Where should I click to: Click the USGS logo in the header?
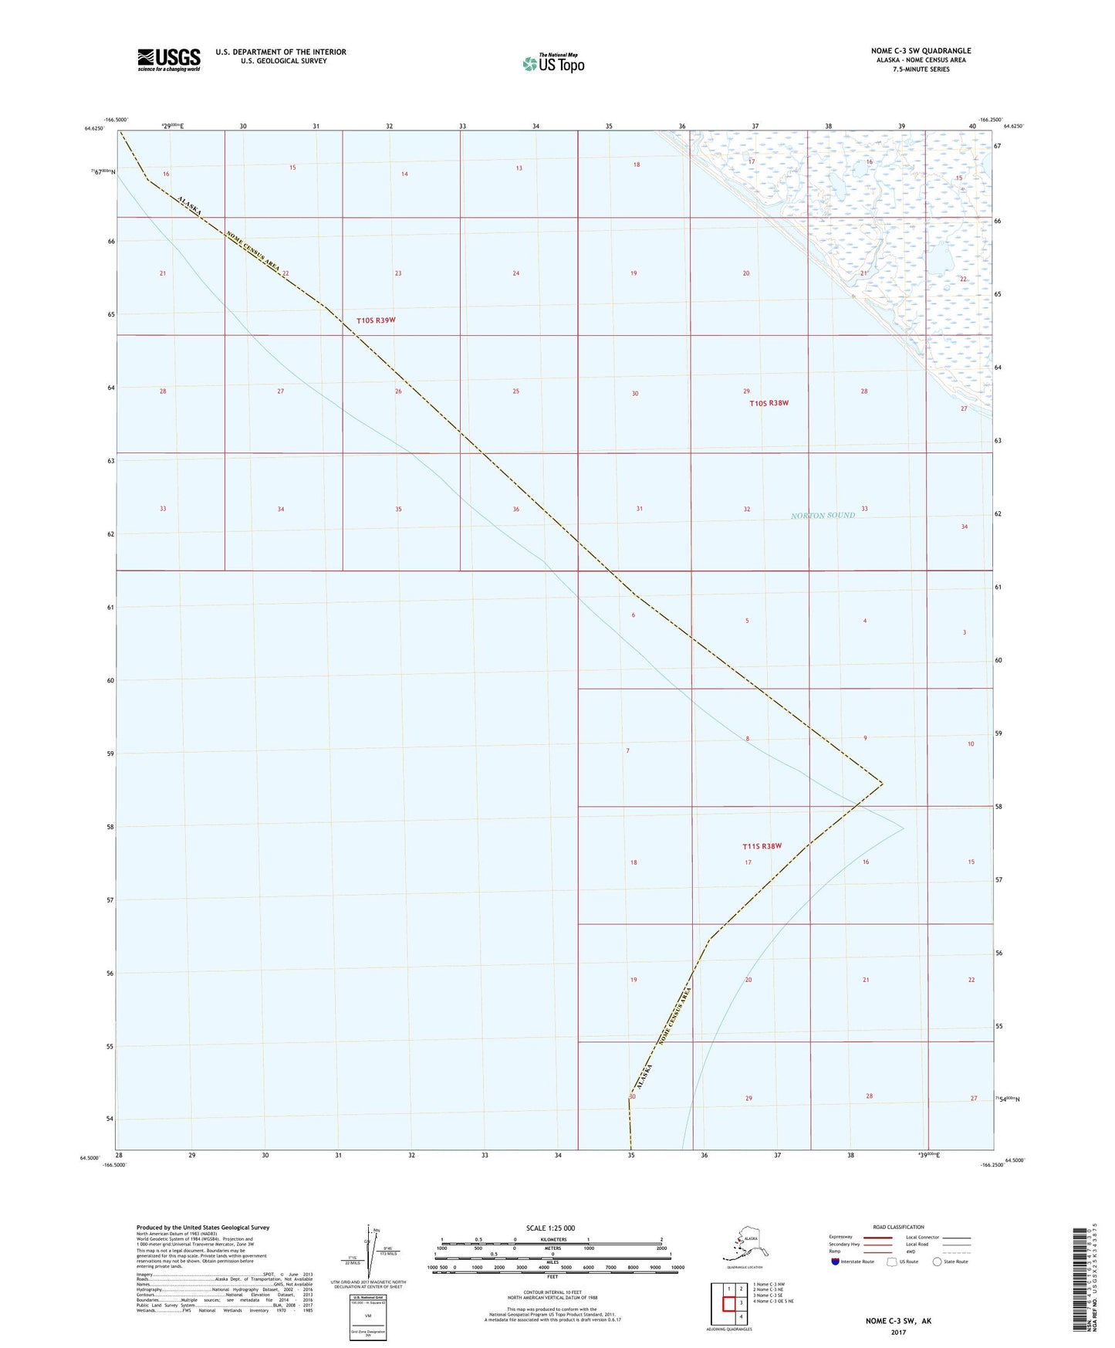point(168,59)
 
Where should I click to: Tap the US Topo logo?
point(552,63)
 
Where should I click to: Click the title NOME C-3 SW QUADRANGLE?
point(921,51)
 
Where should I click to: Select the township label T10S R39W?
point(376,320)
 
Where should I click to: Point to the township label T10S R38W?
point(769,403)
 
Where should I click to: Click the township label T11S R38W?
point(762,846)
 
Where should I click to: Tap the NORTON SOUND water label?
point(823,515)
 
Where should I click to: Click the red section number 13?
point(519,168)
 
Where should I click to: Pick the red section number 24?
point(516,273)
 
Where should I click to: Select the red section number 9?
point(865,738)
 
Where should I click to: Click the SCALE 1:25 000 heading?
point(550,1228)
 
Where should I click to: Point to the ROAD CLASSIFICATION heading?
point(898,1227)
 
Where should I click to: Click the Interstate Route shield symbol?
point(835,1262)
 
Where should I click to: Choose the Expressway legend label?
point(840,1237)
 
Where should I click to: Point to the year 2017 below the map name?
point(897,1332)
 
